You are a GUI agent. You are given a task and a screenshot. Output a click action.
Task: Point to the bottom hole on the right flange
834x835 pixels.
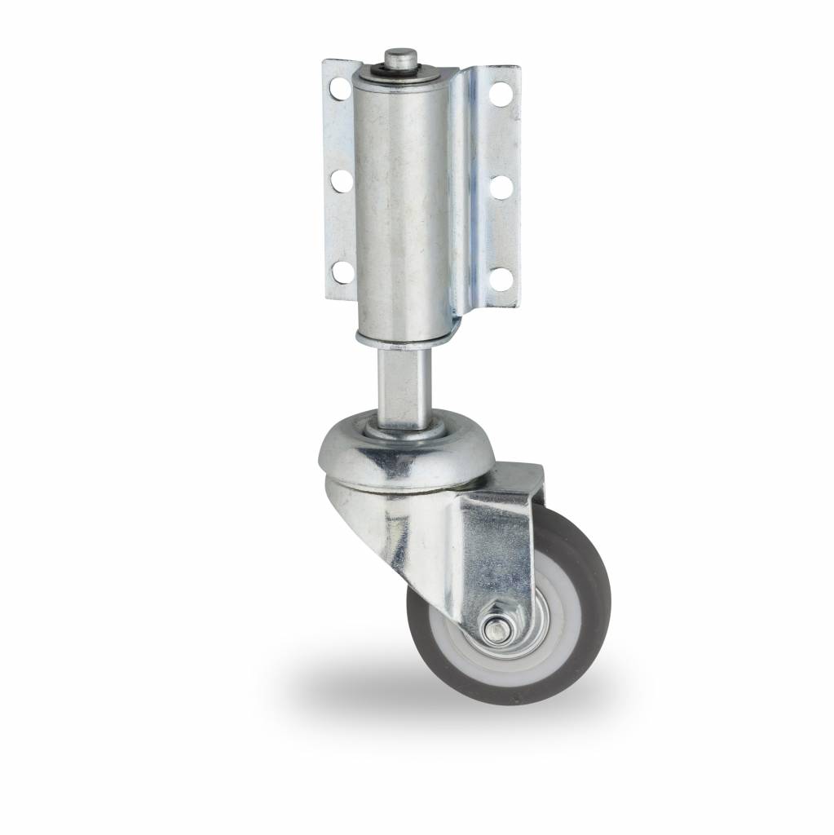tap(502, 279)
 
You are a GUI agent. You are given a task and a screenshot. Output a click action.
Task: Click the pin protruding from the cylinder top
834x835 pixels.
tap(399, 58)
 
